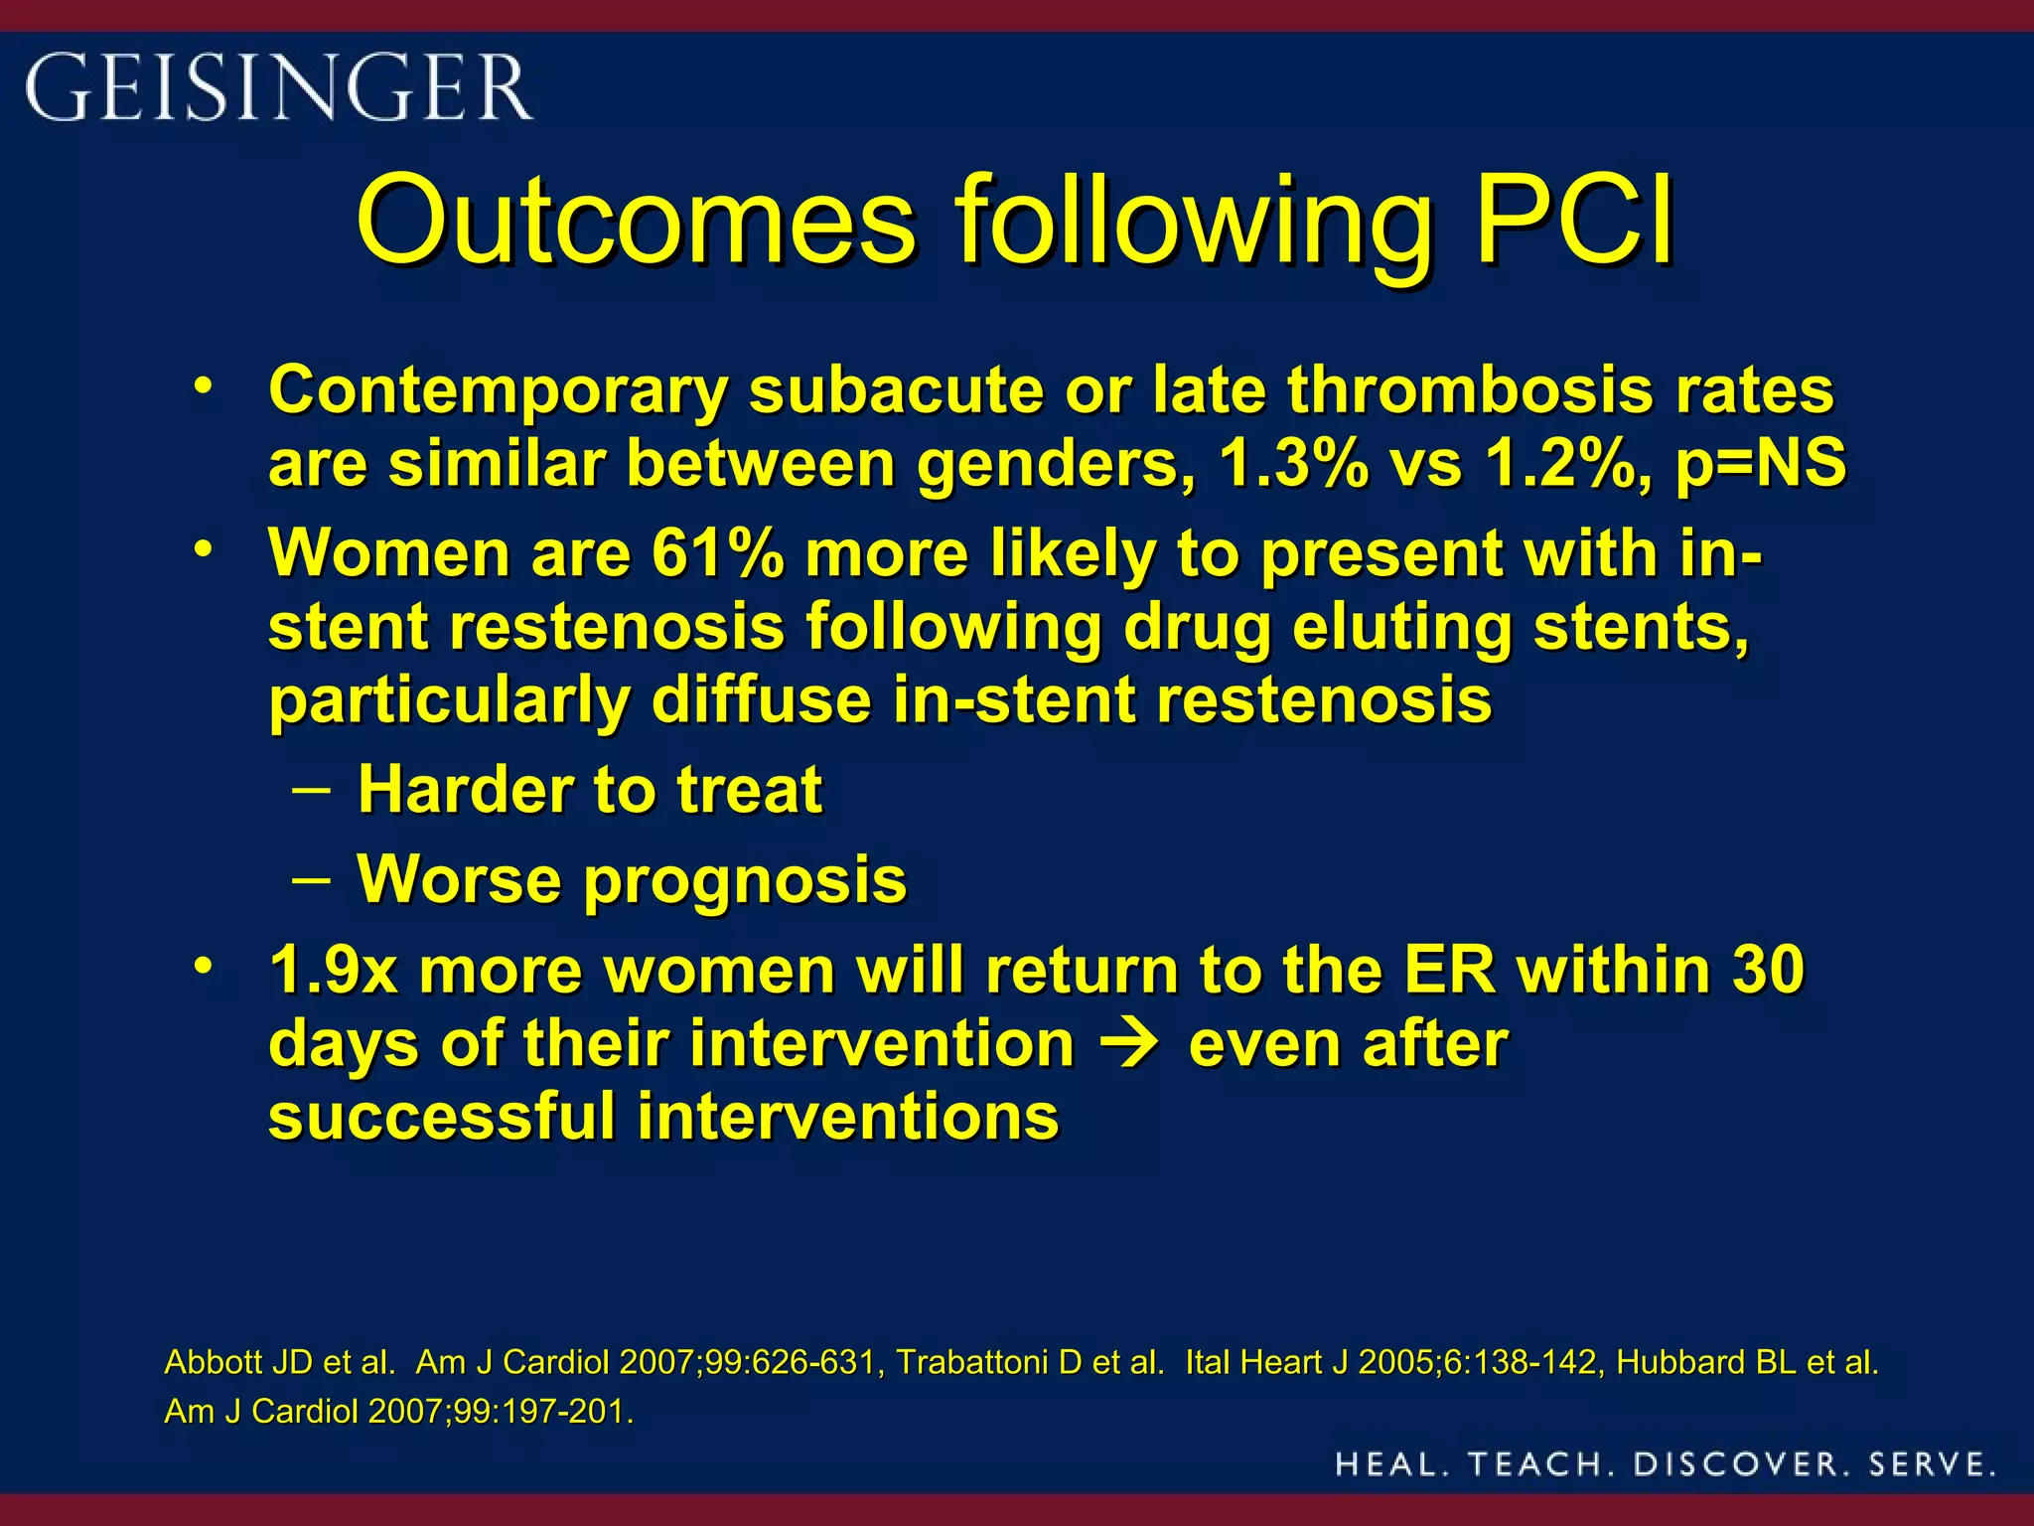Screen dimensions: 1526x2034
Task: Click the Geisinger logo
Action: (x=279, y=87)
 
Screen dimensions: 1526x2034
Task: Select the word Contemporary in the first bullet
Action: (x=498, y=390)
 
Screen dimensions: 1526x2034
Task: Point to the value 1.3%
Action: (x=1292, y=464)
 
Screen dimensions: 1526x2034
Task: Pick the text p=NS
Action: (x=1760, y=464)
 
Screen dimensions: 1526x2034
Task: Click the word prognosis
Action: (x=745, y=881)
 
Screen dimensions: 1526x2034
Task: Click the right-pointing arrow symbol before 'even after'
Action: (x=1131, y=1044)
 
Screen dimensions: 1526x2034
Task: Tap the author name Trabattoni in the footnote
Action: (x=973, y=1362)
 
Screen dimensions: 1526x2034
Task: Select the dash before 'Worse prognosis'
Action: (x=312, y=879)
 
